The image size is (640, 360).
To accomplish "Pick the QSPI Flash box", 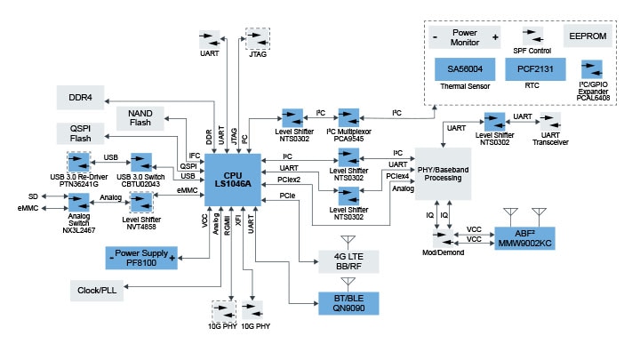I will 81,132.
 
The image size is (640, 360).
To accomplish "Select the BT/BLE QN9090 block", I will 348,303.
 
